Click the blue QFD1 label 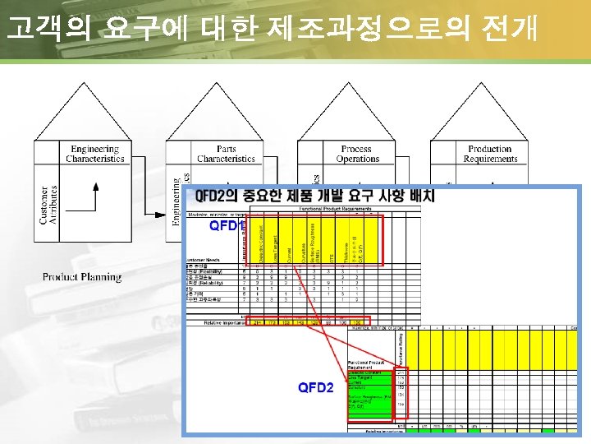[x=226, y=224]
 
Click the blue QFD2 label [x=315, y=387]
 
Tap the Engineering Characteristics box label [x=95, y=154]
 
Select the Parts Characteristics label [x=226, y=154]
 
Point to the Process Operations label [x=358, y=154]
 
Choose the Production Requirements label [x=490, y=154]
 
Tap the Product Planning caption [x=82, y=277]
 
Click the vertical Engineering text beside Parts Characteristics [x=176, y=201]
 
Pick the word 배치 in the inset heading [x=420, y=197]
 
